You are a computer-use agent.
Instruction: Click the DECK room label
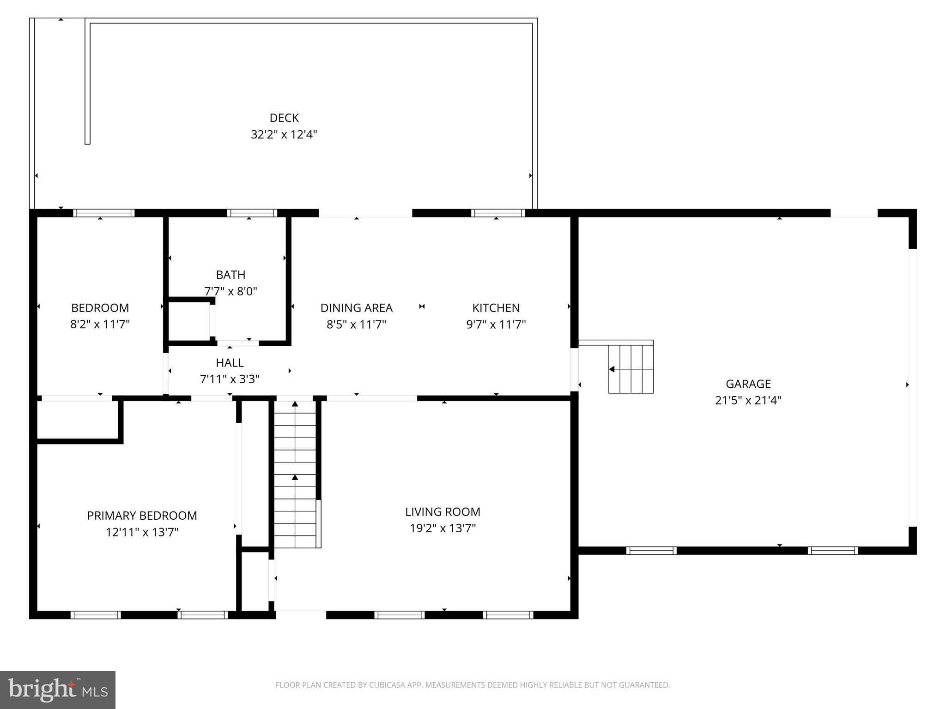click(284, 118)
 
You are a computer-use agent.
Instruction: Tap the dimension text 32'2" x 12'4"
click(284, 135)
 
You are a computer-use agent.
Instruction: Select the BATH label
click(230, 275)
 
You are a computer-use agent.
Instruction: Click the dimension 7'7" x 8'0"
click(230, 291)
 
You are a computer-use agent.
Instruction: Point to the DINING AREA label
click(356, 308)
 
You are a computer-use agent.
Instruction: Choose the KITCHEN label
click(496, 308)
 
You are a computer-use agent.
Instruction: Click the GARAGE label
click(748, 384)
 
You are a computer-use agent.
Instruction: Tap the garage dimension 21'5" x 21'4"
click(748, 400)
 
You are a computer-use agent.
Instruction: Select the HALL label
click(230, 363)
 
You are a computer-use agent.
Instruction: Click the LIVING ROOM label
click(443, 512)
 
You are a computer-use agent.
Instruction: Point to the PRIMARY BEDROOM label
click(142, 516)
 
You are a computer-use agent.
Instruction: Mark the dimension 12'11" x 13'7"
click(142, 532)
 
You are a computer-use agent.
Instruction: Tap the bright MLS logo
click(57, 690)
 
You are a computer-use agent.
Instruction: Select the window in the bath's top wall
click(252, 213)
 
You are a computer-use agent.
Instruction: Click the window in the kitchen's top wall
click(497, 213)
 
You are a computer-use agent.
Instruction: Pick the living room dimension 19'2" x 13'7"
click(443, 528)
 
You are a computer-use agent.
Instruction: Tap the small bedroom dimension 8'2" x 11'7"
click(100, 324)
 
